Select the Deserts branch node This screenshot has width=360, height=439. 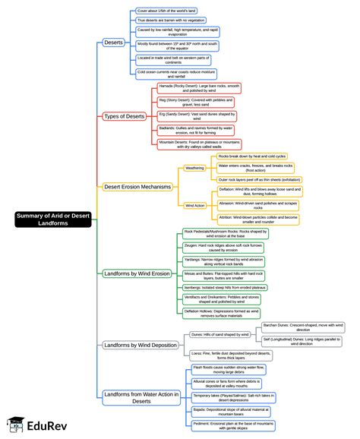click(x=113, y=43)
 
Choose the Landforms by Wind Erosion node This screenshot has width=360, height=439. click(x=137, y=274)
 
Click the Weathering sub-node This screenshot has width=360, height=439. click(x=195, y=168)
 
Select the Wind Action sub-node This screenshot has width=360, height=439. click(x=195, y=205)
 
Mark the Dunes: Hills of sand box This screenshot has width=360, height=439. click(x=221, y=334)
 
